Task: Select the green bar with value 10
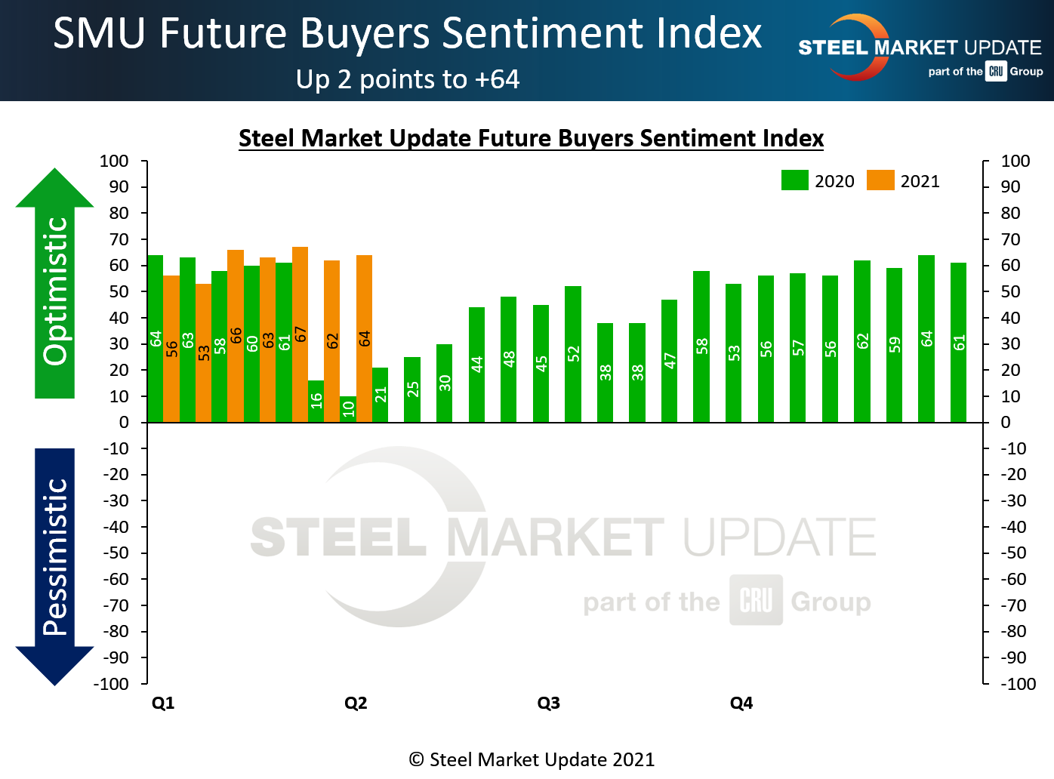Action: (348, 409)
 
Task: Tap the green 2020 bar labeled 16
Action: (316, 401)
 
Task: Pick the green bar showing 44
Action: (476, 365)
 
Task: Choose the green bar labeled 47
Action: (669, 361)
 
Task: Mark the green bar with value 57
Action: (798, 348)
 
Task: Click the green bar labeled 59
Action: (894, 345)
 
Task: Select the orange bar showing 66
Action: (236, 336)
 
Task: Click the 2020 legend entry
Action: (818, 181)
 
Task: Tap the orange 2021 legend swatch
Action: (880, 181)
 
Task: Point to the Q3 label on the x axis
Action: (549, 704)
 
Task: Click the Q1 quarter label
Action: (163, 704)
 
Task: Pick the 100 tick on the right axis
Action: (1015, 161)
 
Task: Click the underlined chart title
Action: (531, 139)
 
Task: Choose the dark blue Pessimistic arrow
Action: (55, 566)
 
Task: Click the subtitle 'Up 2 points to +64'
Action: (408, 79)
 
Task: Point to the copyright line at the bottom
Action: (532, 759)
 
